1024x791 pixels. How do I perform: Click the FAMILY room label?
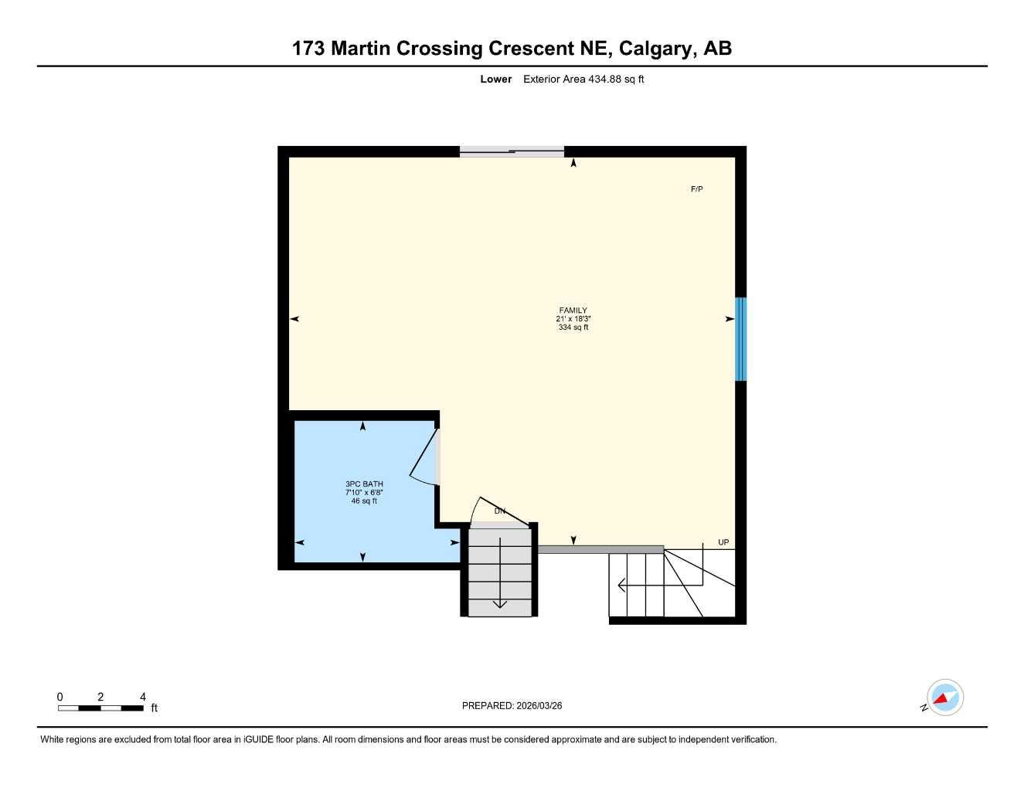pos(573,311)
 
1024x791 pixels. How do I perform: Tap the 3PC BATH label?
pos(364,484)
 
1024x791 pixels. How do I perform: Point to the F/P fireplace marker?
pos(696,189)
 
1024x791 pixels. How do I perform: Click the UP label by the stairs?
pos(723,542)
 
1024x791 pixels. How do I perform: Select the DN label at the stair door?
pos(500,511)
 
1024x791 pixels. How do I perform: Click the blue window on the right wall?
pos(740,339)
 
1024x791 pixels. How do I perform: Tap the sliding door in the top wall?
pos(512,152)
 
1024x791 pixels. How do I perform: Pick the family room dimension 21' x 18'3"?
pos(573,319)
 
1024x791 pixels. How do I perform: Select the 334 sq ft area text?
pos(573,328)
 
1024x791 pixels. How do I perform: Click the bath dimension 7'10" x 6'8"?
pos(364,493)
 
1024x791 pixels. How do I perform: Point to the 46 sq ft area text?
pos(364,501)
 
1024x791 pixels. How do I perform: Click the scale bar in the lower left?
pos(100,708)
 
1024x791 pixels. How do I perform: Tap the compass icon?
pos(944,698)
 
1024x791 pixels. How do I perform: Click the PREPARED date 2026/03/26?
pos(512,705)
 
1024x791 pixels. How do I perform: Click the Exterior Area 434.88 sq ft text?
pos(583,79)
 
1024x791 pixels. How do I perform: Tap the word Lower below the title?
pos(495,79)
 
